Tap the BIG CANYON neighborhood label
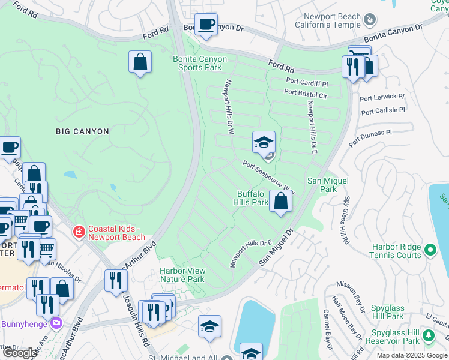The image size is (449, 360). (82, 131)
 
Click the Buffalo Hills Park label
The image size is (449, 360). (252, 198)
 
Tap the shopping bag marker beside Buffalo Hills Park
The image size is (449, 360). (280, 201)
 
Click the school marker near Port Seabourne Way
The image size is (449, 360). (264, 143)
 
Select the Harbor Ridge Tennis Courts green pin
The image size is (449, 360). (430, 250)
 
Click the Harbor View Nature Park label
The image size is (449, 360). (182, 275)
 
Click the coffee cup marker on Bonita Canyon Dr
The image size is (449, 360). (206, 25)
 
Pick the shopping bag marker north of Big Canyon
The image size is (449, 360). (140, 62)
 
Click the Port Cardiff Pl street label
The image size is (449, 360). (307, 81)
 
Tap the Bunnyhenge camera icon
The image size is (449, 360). (56, 322)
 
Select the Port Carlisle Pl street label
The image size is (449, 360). (383, 111)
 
